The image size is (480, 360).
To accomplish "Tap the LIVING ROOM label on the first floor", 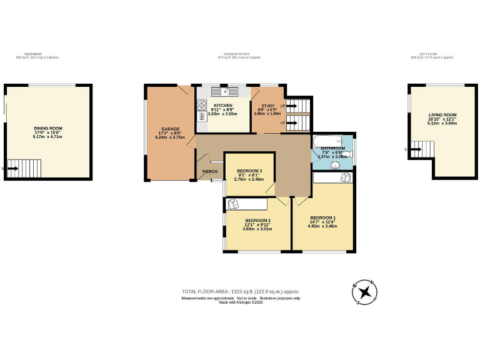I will click(x=442, y=115).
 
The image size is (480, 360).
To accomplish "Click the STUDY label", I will click(x=268, y=106).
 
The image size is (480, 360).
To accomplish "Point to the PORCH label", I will click(x=209, y=172).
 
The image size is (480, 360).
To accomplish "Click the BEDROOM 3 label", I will click(x=249, y=171).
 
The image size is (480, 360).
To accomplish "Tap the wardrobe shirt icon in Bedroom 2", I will click(x=233, y=203).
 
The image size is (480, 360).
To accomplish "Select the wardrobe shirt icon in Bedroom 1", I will click(x=344, y=177).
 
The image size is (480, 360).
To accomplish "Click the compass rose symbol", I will click(x=365, y=291).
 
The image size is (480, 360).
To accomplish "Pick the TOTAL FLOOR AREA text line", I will click(x=241, y=292).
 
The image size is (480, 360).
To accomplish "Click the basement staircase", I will click(x=26, y=168).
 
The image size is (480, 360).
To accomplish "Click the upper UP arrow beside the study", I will click(x=289, y=106).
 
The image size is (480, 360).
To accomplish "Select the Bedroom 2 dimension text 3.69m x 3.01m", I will click(x=257, y=228).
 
